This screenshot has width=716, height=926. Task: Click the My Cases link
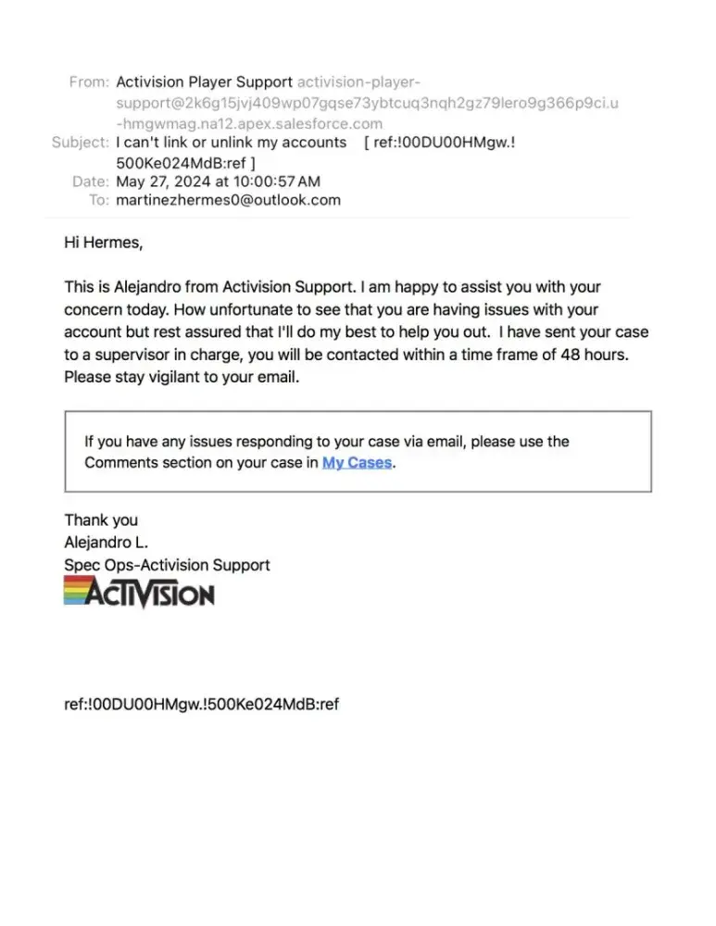click(x=357, y=462)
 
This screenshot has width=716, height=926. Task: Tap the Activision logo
click(x=139, y=592)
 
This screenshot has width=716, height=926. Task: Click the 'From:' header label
click(x=89, y=81)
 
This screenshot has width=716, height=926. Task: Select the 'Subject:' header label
click(x=80, y=142)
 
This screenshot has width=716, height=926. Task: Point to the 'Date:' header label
click(x=91, y=181)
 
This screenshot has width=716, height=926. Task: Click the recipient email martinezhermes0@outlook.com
click(x=228, y=200)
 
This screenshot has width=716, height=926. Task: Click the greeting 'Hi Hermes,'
click(x=104, y=243)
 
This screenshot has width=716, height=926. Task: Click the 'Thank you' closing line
click(x=101, y=520)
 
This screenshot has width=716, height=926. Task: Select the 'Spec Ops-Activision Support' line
click(x=167, y=565)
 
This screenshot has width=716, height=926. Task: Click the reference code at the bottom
click(x=201, y=705)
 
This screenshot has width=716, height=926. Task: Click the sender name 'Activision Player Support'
click(x=204, y=81)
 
